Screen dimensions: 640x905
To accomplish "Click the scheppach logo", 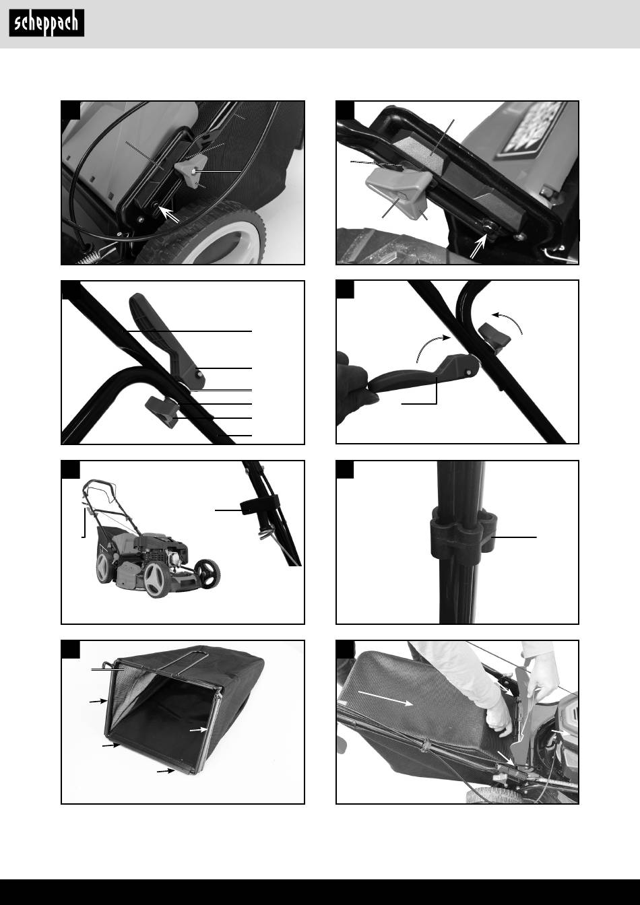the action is pos(46,23).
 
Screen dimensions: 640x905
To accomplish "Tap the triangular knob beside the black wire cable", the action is pos(191,170).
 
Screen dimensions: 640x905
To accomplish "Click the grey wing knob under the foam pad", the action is pos(396,193).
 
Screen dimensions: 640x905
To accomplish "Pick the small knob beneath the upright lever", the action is pos(162,411).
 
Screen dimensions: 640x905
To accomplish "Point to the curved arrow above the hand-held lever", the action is pos(433,346).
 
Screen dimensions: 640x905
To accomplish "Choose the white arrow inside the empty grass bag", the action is pos(199,730).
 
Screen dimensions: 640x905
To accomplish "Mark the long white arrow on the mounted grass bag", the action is pos(386,698).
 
